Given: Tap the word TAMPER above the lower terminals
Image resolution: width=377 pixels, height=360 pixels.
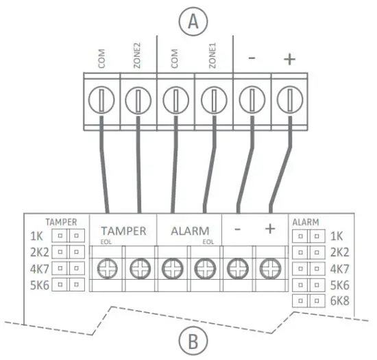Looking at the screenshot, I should pyautogui.click(x=123, y=231).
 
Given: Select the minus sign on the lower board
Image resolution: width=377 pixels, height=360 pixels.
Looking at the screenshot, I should pyautogui.click(x=237, y=230).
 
